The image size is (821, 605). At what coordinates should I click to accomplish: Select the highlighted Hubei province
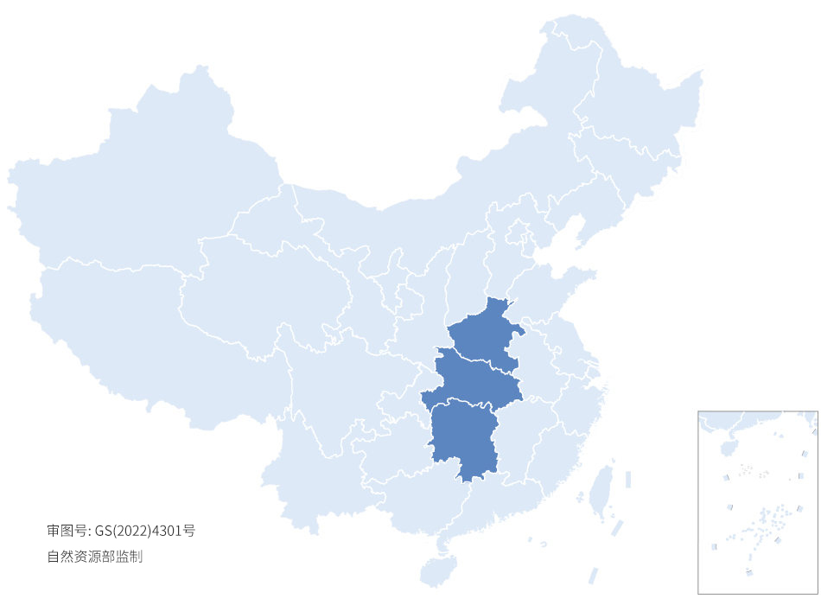tap(475, 380)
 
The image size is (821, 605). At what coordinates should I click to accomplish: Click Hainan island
tap(439, 570)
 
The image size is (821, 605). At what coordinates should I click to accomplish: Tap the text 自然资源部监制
tap(94, 557)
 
